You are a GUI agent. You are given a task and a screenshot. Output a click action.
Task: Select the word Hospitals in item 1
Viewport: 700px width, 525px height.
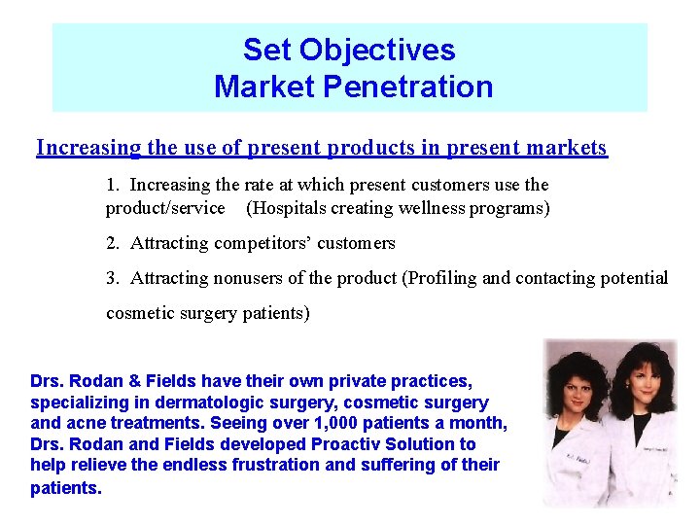point(290,208)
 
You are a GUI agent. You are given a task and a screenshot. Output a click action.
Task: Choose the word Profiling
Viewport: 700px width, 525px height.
point(441,278)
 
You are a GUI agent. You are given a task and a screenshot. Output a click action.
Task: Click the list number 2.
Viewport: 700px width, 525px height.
point(112,243)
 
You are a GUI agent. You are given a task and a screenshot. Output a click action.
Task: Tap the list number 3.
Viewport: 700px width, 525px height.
point(112,278)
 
